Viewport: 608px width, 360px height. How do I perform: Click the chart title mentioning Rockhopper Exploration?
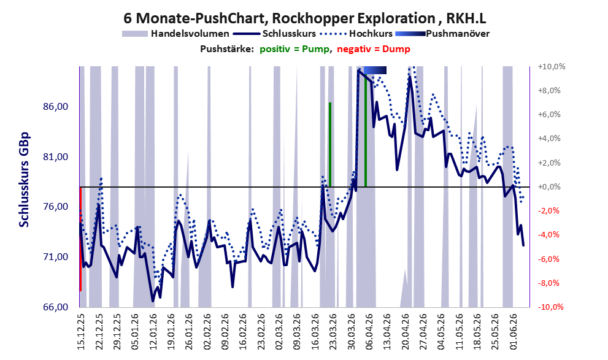click(304, 18)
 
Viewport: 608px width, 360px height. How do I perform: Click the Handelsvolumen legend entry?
click(175, 34)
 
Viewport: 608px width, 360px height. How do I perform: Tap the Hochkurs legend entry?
click(356, 34)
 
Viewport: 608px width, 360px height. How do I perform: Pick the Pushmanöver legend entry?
click(442, 34)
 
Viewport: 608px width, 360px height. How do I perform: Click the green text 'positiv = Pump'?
click(294, 49)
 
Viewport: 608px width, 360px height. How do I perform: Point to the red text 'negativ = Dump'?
click(374, 49)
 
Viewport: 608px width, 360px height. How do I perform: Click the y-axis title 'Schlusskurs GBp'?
click(24, 180)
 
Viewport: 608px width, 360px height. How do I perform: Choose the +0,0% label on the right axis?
click(549, 187)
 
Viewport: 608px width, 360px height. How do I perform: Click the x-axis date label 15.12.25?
click(81, 332)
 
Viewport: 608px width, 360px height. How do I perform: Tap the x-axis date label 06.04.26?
click(369, 332)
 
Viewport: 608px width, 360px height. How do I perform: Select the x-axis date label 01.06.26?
click(515, 332)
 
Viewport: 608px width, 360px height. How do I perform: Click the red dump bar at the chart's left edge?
click(80, 239)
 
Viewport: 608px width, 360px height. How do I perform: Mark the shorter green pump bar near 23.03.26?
click(330, 145)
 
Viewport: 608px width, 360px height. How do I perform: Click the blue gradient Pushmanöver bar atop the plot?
click(375, 70)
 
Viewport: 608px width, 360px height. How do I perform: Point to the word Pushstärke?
click(227, 49)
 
